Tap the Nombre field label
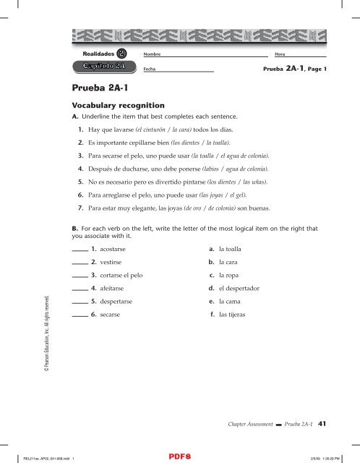[152, 55]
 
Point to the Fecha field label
[150, 69]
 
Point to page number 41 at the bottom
[323, 425]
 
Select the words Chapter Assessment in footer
[246, 425]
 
